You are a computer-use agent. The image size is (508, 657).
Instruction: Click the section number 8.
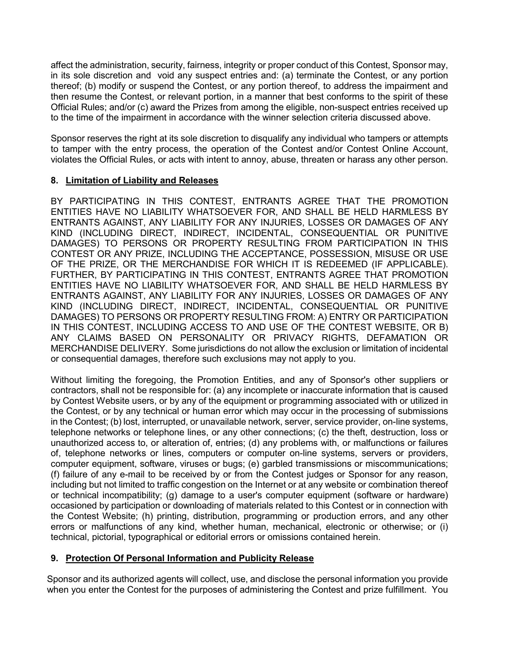[x=54, y=180]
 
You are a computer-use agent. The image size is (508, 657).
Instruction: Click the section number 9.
[x=54, y=558]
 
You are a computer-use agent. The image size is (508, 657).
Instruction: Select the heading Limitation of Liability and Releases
[x=142, y=180]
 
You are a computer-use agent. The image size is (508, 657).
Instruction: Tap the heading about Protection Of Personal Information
[x=189, y=558]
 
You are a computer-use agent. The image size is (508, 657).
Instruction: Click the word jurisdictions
[x=229, y=349]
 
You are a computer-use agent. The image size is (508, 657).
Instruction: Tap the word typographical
[x=156, y=537]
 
